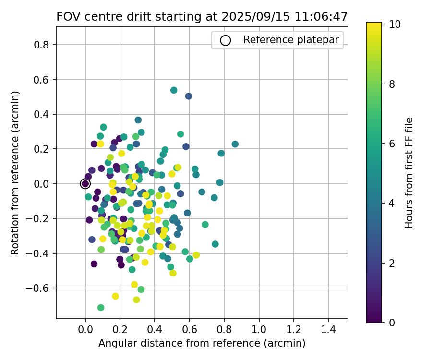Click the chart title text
click(x=202, y=17)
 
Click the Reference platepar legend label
click(x=293, y=40)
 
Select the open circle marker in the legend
click(x=226, y=40)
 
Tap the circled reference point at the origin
click(x=85, y=184)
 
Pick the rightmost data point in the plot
click(x=235, y=144)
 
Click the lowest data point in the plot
click(x=101, y=308)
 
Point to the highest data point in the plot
click(x=174, y=90)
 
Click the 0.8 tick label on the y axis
click(x=44, y=45)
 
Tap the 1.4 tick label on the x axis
click(x=328, y=331)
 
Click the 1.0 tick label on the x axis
click(x=259, y=331)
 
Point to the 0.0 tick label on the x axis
click(x=85, y=331)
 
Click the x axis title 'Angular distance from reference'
click(x=202, y=344)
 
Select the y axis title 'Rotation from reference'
click(x=15, y=173)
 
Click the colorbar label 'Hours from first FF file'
click(x=409, y=173)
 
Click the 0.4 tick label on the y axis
click(x=44, y=115)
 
